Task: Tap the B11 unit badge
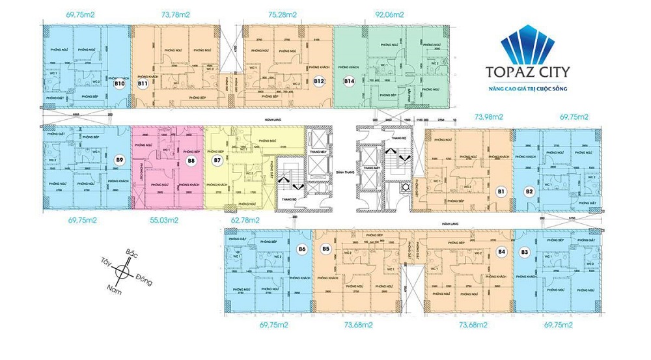click(141, 84)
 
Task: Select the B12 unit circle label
click(319, 81)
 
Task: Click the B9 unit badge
click(119, 159)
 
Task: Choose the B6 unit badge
click(301, 249)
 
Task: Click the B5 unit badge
click(326, 249)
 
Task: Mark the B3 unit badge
click(524, 251)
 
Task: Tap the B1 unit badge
click(501, 191)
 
